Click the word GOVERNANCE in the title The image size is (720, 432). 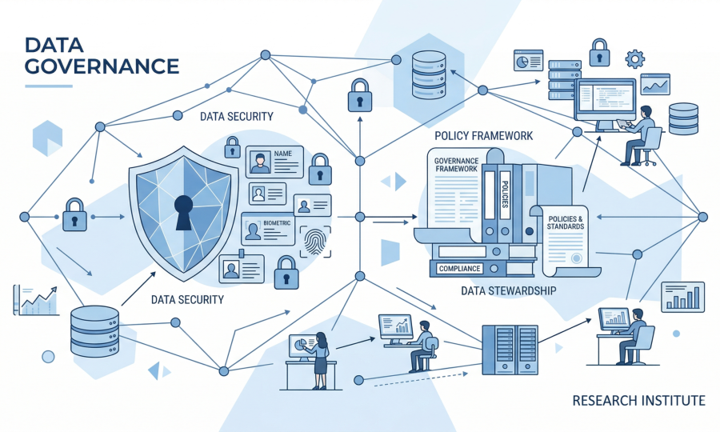[102, 66]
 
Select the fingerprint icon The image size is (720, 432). [314, 239]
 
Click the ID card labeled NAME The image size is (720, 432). [274, 162]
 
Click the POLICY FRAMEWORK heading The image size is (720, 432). [483, 136]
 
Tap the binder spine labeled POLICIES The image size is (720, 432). [506, 200]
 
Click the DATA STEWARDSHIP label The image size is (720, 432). [508, 290]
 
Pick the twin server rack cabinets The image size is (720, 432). [510, 349]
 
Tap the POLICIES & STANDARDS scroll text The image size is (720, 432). [566, 222]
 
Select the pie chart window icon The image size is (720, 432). [528, 60]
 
